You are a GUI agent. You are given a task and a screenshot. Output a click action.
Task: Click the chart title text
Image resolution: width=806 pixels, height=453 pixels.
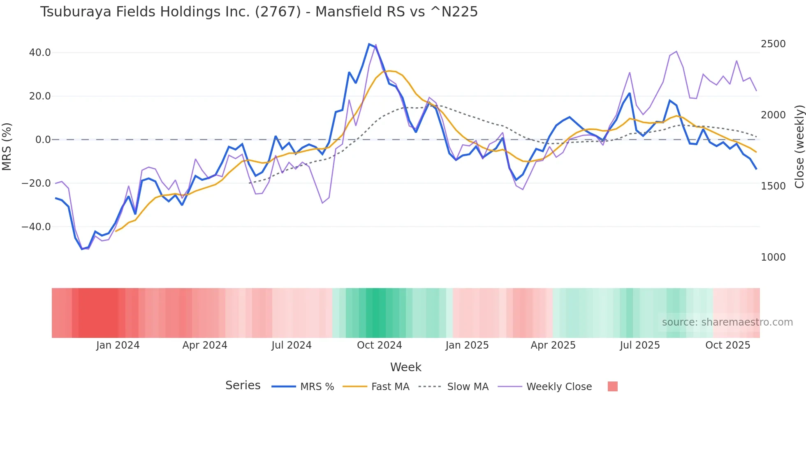point(259,12)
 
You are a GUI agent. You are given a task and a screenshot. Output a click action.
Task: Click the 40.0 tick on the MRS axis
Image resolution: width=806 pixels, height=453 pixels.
point(40,53)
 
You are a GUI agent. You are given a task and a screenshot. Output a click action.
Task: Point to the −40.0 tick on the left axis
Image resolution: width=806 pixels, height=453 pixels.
point(37,226)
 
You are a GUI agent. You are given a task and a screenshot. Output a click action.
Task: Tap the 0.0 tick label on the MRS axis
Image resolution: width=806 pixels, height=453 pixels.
point(43,140)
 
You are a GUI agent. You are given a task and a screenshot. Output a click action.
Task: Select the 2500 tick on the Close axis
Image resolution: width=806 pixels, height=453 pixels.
point(773,44)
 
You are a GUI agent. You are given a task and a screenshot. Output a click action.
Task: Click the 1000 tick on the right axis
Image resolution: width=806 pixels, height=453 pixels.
point(773,257)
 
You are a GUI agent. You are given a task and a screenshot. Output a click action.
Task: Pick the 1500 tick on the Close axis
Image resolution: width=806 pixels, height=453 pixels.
point(773,186)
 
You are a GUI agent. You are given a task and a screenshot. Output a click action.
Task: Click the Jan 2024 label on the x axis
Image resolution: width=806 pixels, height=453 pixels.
point(118,345)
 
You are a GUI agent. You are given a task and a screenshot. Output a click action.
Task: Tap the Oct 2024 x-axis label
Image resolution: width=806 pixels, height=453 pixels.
point(379,345)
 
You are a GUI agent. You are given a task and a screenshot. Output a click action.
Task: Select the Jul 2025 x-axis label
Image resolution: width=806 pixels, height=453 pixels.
point(640,345)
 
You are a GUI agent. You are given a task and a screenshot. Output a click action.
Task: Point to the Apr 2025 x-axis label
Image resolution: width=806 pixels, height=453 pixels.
point(553,345)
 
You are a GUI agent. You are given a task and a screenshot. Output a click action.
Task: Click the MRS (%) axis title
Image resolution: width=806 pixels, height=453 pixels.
point(7,146)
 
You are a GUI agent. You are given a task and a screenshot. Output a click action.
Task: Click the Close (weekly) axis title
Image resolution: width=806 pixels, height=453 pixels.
point(799,146)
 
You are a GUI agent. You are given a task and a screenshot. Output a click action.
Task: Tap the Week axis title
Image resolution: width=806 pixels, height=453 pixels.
point(405,367)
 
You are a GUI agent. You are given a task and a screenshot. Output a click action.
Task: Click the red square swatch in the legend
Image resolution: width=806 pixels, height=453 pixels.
point(612,386)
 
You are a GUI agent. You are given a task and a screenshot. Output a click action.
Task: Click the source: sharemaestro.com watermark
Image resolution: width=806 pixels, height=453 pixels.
point(727,322)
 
